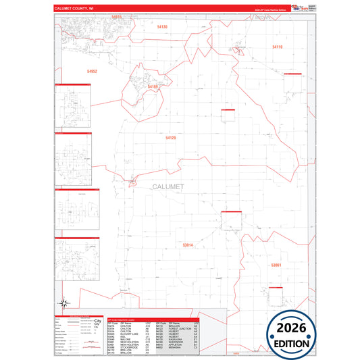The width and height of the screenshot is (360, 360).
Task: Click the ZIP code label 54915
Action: click(x=117, y=17)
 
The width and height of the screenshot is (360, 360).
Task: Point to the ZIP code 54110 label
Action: click(x=278, y=47)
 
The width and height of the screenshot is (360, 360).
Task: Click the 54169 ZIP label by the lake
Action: click(x=153, y=86)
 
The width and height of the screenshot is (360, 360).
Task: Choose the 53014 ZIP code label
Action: click(x=188, y=245)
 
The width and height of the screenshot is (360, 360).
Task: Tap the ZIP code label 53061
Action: click(x=276, y=265)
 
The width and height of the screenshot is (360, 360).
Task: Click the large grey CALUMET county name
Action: click(x=168, y=186)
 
